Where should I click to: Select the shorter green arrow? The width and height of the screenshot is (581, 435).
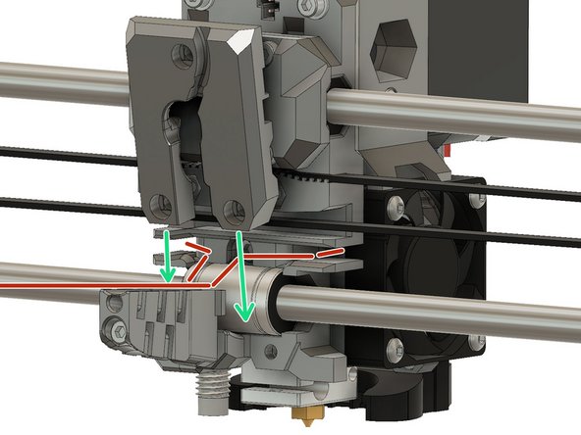(169, 258)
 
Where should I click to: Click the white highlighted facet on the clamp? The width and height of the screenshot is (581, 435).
(239, 42)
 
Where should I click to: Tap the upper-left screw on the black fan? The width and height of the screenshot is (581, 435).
(396, 209)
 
